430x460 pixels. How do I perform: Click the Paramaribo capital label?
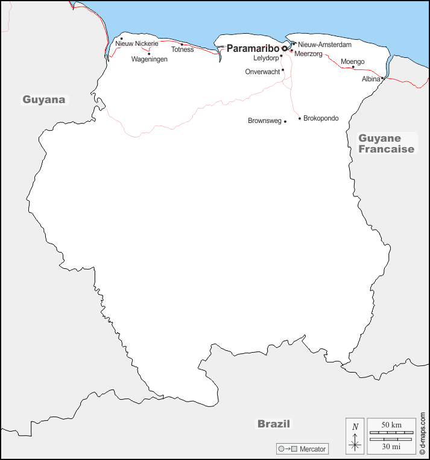(253, 48)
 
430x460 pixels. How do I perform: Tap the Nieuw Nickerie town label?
(136, 44)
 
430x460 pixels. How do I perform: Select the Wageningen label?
(150, 59)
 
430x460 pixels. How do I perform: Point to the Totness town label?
(182, 49)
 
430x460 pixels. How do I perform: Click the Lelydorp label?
(265, 58)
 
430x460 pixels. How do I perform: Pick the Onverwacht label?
(262, 72)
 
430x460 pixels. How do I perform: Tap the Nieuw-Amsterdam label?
(324, 45)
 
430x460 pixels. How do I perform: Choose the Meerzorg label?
(309, 54)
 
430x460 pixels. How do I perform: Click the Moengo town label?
(352, 61)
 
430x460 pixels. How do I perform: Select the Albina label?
(370, 79)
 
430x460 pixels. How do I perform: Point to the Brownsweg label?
(264, 121)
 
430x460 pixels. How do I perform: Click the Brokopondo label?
(321, 118)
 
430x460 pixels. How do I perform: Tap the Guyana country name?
(44, 99)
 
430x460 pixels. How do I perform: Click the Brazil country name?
(274, 424)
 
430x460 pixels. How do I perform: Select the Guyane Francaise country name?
(387, 143)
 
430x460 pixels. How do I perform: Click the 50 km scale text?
(391, 426)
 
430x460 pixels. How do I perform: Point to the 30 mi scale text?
(391, 446)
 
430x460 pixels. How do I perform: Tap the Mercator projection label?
(313, 449)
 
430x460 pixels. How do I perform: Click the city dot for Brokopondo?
(300, 118)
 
